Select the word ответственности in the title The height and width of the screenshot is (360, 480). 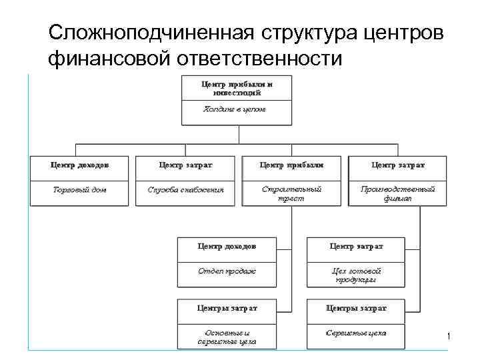pyautogui.click(x=259, y=59)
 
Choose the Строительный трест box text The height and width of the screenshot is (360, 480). pyautogui.click(x=291, y=193)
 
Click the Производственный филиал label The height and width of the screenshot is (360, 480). pyautogui.click(x=398, y=193)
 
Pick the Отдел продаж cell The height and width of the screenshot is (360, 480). pyautogui.click(x=227, y=271)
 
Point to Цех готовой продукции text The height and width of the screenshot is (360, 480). pyautogui.click(x=357, y=275)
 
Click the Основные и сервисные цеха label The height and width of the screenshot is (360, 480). pyautogui.click(x=227, y=337)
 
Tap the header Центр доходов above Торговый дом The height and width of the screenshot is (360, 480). pyautogui.click(x=79, y=164)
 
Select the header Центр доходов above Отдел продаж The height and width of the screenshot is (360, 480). pyautogui.click(x=227, y=246)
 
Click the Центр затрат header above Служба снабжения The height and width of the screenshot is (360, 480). pyautogui.click(x=186, y=164)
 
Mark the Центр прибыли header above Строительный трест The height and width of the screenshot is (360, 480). pyautogui.click(x=291, y=164)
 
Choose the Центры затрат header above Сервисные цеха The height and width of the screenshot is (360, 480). pyautogui.click(x=357, y=308)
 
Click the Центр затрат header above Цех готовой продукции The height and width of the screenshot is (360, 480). pyautogui.click(x=357, y=246)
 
